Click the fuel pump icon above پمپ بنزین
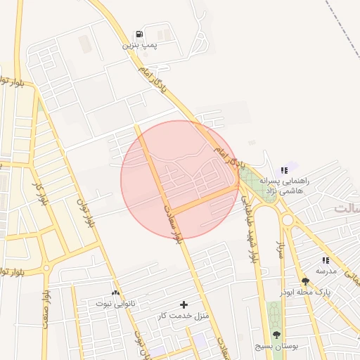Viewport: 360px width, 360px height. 139,34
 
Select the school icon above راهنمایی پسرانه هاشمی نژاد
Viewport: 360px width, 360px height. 283,170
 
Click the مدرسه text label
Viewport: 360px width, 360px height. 326,271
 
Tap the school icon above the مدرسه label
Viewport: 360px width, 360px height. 326,260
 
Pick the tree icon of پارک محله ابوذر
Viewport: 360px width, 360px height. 304,281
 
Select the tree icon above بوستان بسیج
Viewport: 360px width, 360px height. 276,335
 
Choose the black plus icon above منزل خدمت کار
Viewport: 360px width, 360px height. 184,304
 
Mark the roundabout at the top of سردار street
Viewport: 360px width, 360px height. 287,220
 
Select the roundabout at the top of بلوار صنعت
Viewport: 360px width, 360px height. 46,268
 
